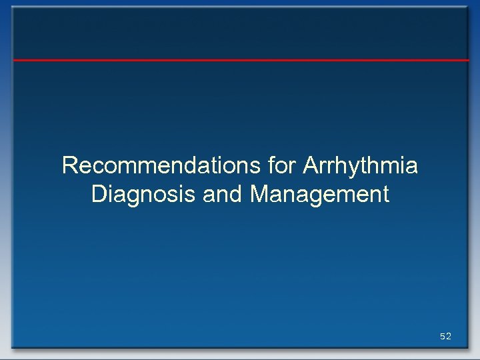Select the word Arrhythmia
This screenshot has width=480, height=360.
point(360,165)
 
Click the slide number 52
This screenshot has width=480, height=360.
point(445,337)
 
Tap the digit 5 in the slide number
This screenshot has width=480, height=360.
point(443,337)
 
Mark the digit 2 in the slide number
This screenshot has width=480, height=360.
point(449,337)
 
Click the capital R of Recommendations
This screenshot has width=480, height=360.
point(69,165)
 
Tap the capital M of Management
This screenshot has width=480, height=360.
point(260,195)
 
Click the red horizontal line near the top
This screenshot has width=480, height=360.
point(240,60)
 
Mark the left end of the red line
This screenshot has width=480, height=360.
point(15,60)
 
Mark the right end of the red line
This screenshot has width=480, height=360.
point(468,60)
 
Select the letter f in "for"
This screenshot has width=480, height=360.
point(271,165)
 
